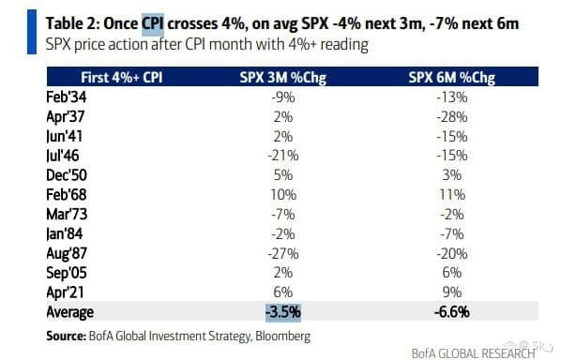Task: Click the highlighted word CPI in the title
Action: click(x=153, y=24)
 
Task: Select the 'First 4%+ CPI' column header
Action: click(x=122, y=77)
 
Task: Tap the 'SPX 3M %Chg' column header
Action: click(x=283, y=78)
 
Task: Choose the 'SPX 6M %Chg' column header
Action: click(x=452, y=78)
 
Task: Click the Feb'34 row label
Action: click(x=67, y=97)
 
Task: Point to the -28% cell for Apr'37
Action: click(x=452, y=117)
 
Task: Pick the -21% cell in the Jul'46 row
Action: click(x=283, y=156)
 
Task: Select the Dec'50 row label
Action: click(x=67, y=175)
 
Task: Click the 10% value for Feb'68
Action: click(x=283, y=195)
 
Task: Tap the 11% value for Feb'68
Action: click(x=452, y=195)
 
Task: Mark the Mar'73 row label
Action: click(x=67, y=214)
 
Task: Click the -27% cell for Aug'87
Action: click(x=283, y=253)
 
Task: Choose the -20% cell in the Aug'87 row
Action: click(x=452, y=253)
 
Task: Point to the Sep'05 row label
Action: click(x=67, y=273)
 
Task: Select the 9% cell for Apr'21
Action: click(x=452, y=292)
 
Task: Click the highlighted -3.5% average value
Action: click(x=283, y=312)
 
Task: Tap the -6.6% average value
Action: click(x=452, y=312)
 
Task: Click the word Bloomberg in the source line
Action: click(x=283, y=336)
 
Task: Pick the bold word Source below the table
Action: click(x=67, y=336)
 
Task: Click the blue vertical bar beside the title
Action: click(x=32, y=32)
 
